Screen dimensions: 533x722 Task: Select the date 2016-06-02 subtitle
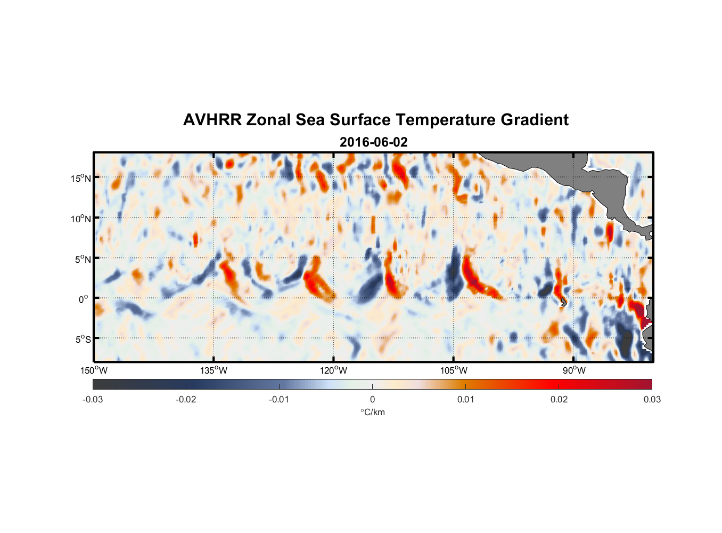373,142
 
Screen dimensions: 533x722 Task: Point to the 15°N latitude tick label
81,179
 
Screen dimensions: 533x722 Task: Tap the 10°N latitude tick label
81,219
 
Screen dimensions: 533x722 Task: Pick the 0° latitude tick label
84,299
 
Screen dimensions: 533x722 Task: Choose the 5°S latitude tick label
83,339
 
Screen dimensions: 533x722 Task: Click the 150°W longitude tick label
94,370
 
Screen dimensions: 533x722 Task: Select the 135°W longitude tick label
214,370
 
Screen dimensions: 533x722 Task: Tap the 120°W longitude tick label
333,370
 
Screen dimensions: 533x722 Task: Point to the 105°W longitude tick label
454,370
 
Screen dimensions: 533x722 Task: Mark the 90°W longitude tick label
574,370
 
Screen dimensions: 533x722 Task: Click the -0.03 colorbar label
93,399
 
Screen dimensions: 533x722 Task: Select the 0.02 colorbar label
559,399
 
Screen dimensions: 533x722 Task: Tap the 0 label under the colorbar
372,399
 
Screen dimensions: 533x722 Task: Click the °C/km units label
372,412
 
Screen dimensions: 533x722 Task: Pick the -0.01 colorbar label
279,399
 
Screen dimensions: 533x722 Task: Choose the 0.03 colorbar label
652,399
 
